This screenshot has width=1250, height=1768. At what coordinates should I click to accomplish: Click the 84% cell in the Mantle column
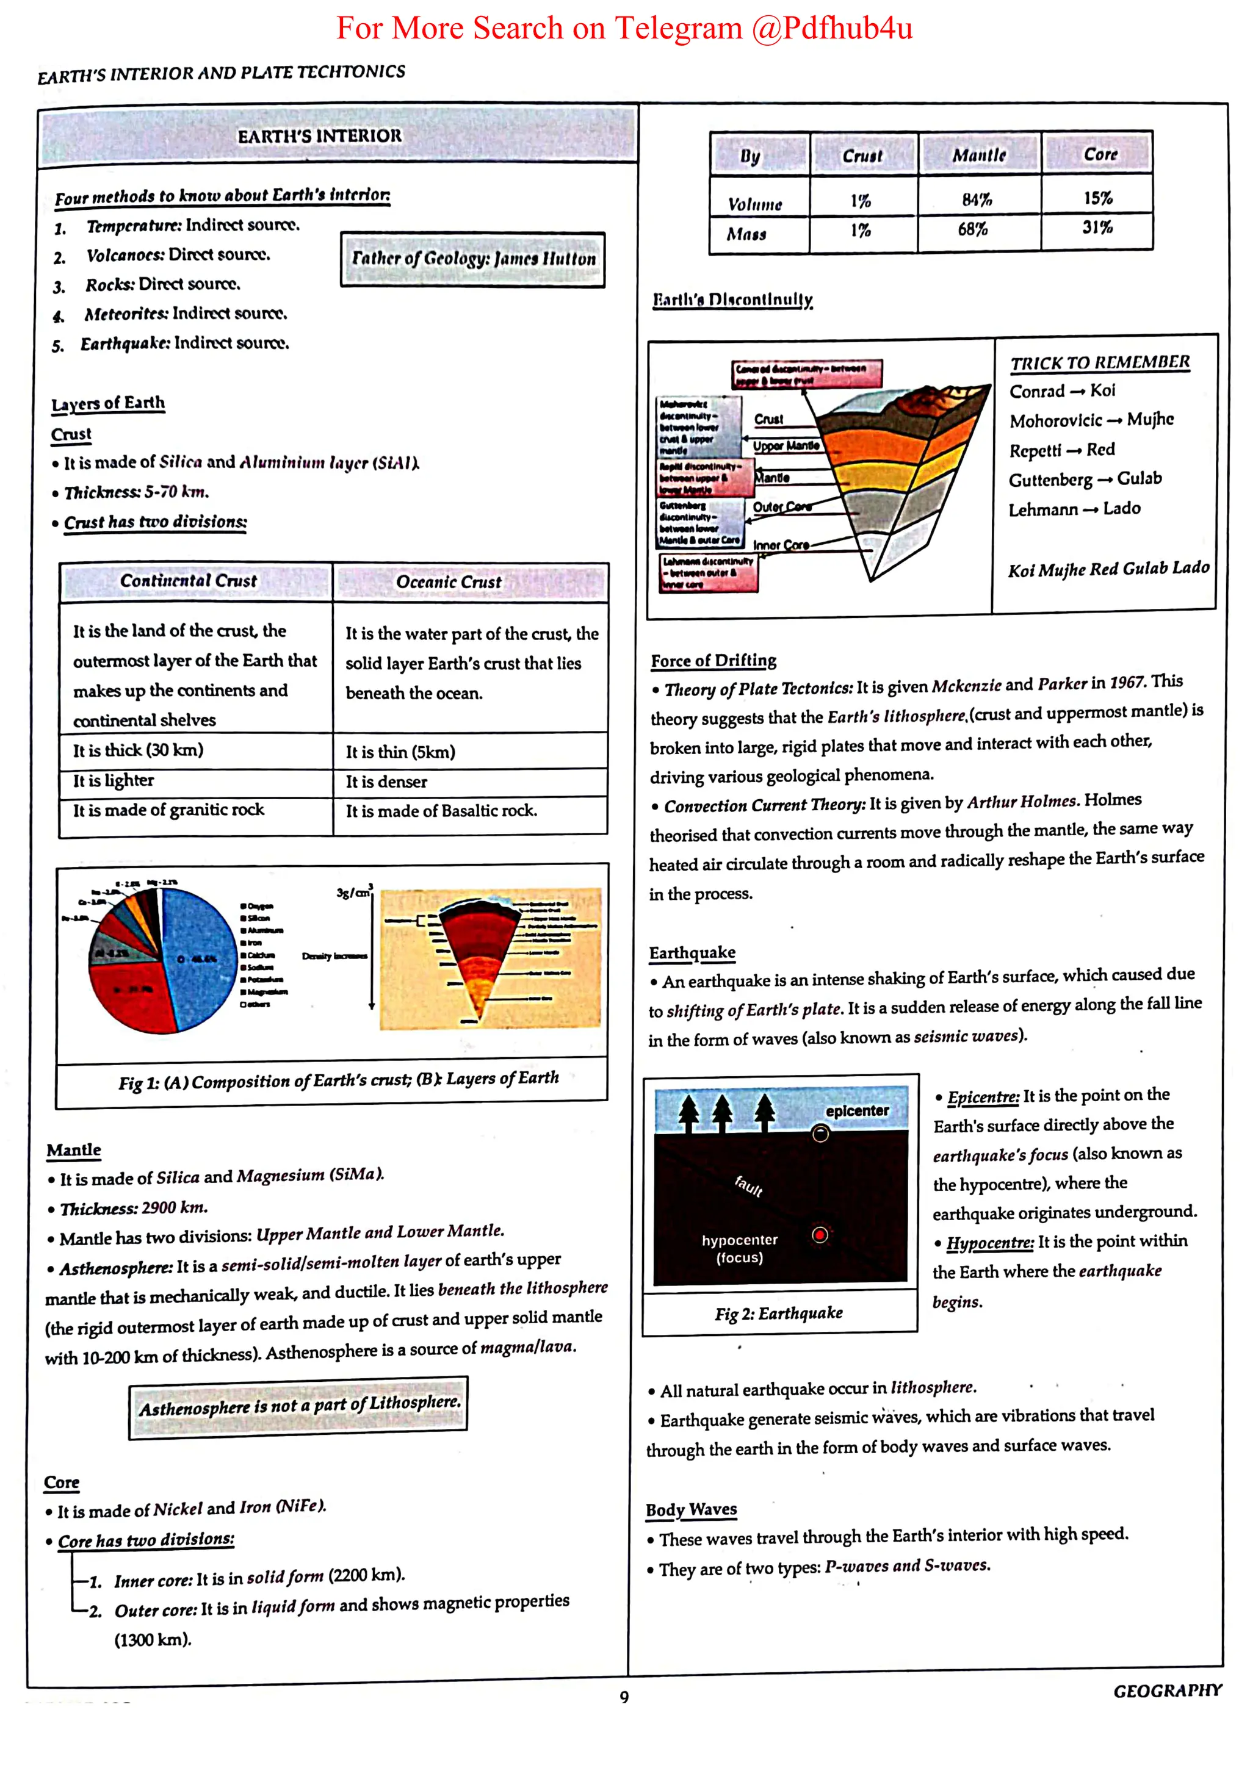[977, 200]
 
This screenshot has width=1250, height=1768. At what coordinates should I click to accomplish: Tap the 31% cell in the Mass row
[1097, 228]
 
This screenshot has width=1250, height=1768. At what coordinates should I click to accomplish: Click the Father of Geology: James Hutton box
[473, 259]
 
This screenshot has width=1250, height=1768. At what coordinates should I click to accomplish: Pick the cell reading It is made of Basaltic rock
[441, 811]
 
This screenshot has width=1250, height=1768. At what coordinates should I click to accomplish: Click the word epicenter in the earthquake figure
[856, 1111]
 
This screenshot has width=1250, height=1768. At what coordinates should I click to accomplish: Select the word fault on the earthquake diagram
[749, 1185]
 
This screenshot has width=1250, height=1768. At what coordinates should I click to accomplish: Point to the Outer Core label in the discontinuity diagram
[782, 507]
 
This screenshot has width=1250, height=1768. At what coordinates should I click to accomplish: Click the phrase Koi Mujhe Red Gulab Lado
[1108, 569]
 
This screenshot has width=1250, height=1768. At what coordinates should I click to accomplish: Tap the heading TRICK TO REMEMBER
[1100, 362]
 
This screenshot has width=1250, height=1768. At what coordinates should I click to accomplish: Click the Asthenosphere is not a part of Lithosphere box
[299, 1406]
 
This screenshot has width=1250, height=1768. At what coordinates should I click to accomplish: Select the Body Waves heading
[691, 1509]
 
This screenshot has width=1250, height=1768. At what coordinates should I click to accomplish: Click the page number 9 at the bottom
[624, 1697]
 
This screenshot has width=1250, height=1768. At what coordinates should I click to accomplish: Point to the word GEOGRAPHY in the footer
[1167, 1691]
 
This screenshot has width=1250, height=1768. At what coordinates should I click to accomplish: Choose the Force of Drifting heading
[713, 661]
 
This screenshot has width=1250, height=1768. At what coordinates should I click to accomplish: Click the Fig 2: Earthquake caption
[779, 1313]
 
